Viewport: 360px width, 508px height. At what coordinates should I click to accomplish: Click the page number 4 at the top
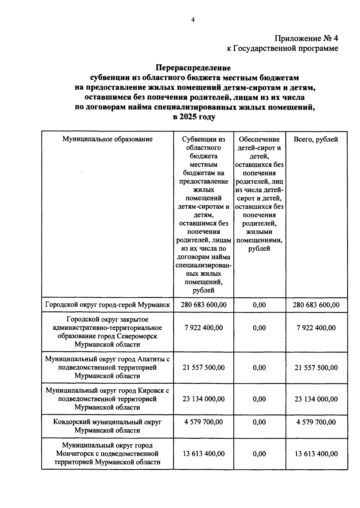(193, 20)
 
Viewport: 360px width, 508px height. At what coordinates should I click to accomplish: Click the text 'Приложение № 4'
(306, 38)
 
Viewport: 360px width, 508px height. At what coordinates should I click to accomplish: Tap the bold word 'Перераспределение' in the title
(193, 68)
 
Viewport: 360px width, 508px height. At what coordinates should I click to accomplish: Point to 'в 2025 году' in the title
(194, 117)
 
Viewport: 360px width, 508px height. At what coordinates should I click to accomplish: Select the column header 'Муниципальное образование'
(107, 139)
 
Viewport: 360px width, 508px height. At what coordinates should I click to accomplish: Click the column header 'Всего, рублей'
(316, 139)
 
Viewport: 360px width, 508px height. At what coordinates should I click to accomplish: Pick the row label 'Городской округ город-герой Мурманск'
(107, 305)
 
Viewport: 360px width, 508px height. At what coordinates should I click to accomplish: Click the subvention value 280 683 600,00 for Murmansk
(203, 305)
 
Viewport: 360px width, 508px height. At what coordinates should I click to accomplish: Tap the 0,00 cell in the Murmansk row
(259, 305)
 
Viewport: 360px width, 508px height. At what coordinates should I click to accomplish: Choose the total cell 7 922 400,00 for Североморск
(316, 328)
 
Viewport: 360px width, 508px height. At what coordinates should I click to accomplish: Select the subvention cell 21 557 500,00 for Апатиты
(203, 367)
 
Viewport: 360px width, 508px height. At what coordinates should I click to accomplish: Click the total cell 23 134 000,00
(316, 399)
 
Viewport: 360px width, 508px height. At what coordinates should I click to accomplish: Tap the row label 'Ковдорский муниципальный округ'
(107, 422)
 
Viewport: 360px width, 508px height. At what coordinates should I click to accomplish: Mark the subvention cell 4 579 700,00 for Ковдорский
(203, 422)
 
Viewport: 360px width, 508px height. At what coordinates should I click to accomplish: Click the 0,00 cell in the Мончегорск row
(259, 454)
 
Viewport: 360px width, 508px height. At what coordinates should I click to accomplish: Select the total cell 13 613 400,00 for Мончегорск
(316, 454)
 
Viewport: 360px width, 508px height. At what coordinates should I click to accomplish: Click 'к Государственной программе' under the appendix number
(282, 48)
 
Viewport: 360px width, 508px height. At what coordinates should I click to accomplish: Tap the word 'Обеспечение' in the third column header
(259, 139)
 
